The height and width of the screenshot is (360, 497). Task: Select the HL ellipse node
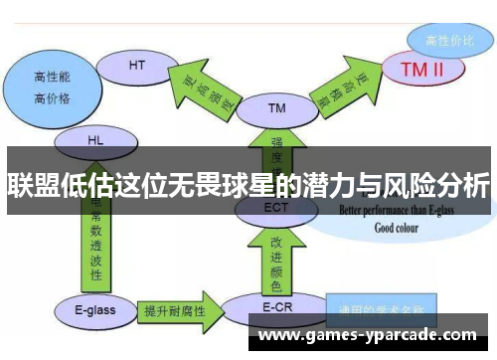coord(95,140)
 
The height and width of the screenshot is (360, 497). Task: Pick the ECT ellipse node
coord(276,208)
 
